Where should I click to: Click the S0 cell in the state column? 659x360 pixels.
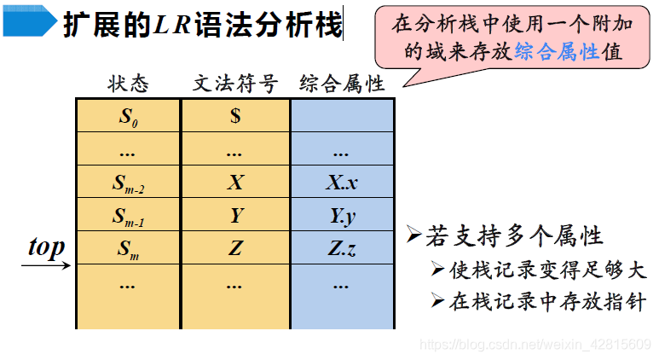click(128, 116)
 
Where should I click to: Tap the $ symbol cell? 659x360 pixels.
click(235, 116)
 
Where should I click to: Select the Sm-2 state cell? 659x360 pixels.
click(128, 183)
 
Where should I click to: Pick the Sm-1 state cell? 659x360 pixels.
click(128, 217)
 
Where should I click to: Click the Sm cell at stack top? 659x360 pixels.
click(128, 250)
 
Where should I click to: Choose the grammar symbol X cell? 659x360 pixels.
click(235, 183)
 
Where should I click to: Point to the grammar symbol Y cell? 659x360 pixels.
click(235, 216)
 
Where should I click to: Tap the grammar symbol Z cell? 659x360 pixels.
click(235, 249)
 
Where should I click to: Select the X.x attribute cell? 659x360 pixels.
click(342, 183)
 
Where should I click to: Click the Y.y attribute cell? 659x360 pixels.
click(342, 217)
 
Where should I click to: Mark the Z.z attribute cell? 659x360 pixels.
click(342, 249)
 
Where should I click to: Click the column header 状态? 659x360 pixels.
click(128, 84)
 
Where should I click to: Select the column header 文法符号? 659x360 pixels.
click(235, 84)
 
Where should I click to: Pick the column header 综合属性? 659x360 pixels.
click(342, 84)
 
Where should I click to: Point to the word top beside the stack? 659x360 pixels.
click(46, 247)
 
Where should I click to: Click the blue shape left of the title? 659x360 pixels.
click(31, 25)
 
